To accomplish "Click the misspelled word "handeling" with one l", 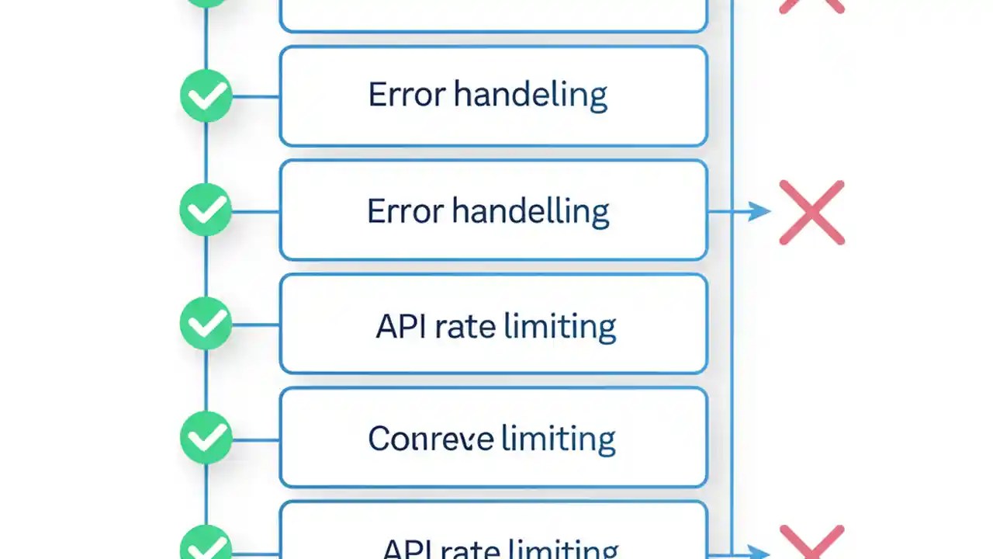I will coord(530,95).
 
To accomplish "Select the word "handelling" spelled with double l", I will coord(531,211).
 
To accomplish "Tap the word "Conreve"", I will coord(430,439).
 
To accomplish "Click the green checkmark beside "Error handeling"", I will coord(206,96).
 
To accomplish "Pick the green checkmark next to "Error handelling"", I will coord(206,210).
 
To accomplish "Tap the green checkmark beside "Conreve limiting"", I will coord(206,439).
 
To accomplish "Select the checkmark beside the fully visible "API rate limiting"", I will coord(206,324).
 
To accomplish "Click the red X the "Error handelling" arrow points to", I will coord(811,212).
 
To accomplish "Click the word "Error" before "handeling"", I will coord(407,95).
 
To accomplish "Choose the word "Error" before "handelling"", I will coord(406,211).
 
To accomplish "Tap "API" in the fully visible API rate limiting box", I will coord(401,326).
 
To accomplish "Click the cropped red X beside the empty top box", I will coord(811,6).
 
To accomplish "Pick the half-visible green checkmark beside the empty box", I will coord(206,3).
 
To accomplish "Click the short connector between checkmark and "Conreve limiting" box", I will coord(256,439).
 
